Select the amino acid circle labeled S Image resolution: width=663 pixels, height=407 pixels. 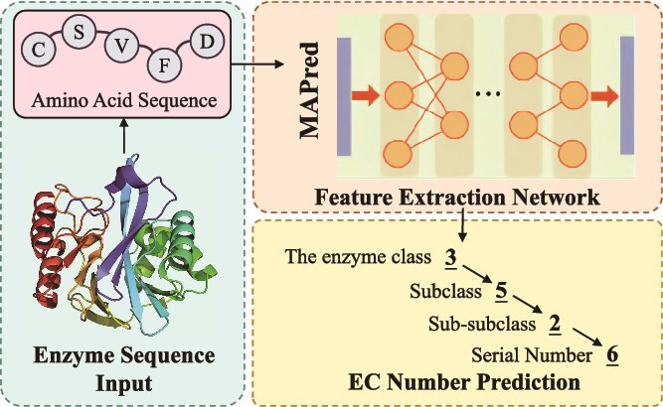(79, 32)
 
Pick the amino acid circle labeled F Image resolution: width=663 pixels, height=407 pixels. (161, 65)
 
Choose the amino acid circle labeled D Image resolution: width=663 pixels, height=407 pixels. (206, 42)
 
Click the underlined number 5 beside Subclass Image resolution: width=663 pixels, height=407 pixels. (501, 292)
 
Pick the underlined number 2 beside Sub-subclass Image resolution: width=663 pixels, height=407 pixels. (554, 324)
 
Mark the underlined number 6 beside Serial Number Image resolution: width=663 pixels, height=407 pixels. (611, 354)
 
